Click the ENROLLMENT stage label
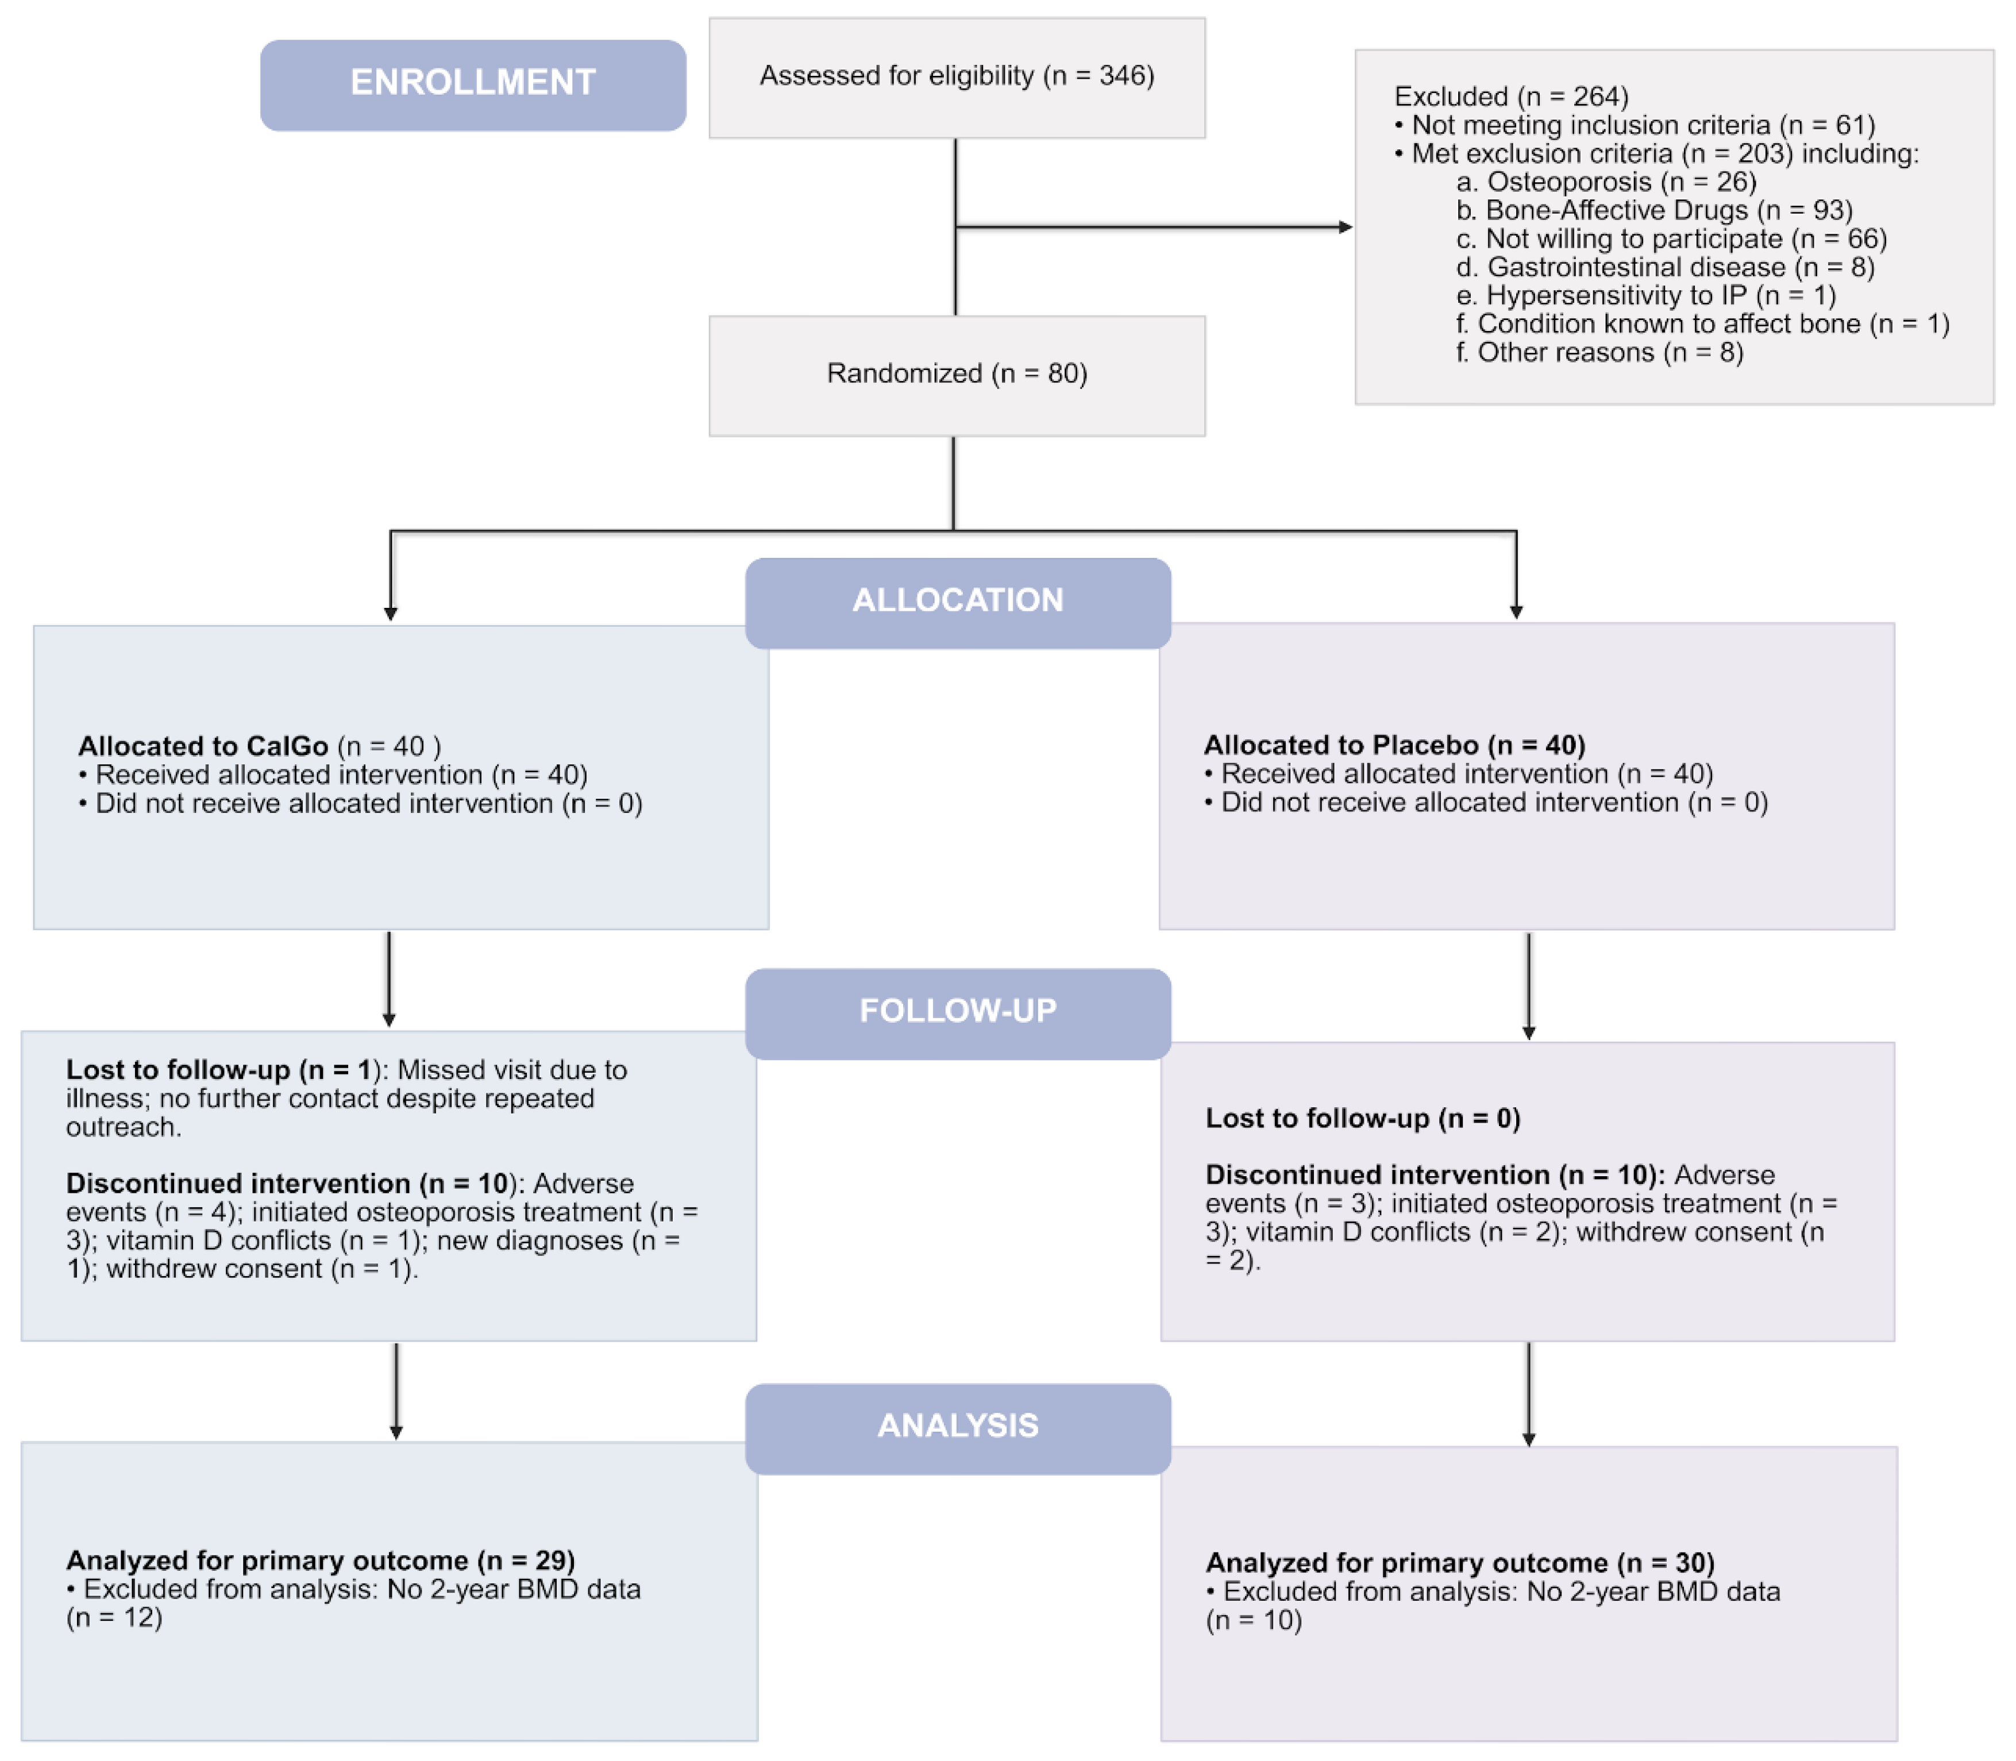tap(473, 83)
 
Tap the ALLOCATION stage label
tap(957, 600)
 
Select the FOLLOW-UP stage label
tap(957, 1011)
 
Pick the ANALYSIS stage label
tap(957, 1426)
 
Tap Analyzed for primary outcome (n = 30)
tap(1460, 1563)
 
